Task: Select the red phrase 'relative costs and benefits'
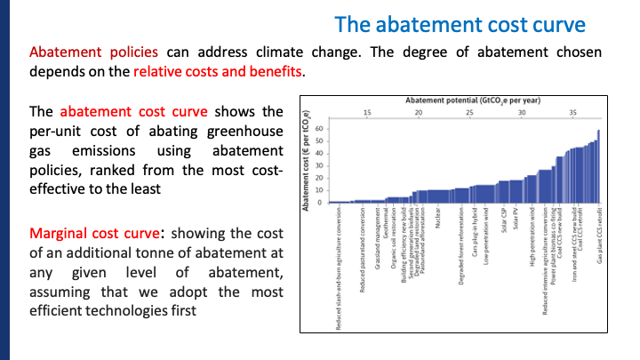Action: tap(218, 72)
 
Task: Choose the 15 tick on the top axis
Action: tap(367, 113)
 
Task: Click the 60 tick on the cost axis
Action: tap(320, 130)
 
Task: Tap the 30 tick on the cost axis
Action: tap(320, 166)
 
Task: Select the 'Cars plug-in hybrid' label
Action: tap(477, 236)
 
